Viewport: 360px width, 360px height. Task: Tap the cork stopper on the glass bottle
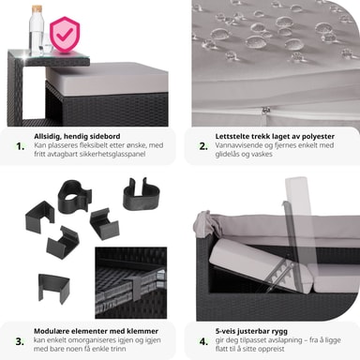click(37, 9)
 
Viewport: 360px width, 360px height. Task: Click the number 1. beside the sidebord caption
click(21, 146)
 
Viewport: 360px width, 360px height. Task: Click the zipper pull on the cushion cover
click(266, 111)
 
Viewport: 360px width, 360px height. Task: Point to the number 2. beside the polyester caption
click(203, 146)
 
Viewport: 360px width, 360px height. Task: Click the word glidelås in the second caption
click(227, 154)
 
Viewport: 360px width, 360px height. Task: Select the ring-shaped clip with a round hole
click(75, 194)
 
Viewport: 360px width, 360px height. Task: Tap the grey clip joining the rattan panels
click(137, 289)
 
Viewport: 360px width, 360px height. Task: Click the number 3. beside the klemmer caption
click(20, 341)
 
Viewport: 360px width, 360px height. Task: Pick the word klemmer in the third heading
click(142, 331)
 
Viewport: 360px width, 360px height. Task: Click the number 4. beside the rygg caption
click(203, 341)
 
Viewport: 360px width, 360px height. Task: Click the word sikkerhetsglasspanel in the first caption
click(112, 154)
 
